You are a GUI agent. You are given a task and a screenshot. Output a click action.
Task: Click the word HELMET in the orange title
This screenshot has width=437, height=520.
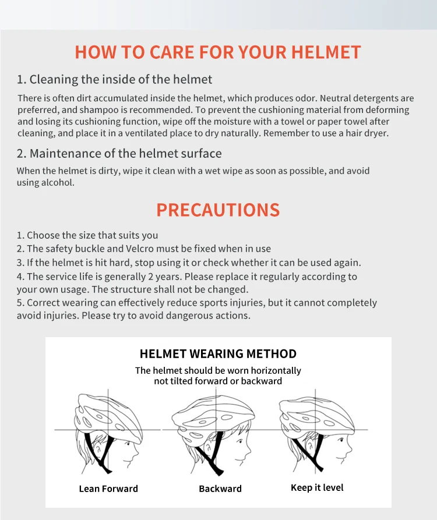(x=326, y=52)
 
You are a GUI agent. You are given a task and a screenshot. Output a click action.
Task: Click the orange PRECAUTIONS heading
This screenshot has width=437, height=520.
(x=218, y=210)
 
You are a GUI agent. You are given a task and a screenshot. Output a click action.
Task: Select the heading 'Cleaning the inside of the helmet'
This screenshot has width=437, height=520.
(x=121, y=80)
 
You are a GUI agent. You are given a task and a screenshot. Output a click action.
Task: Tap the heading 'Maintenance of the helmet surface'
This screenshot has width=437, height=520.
(x=125, y=154)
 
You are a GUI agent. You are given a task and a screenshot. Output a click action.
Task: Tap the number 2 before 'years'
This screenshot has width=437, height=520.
(x=150, y=277)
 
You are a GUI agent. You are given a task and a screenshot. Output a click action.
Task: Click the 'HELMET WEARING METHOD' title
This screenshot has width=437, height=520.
(x=218, y=354)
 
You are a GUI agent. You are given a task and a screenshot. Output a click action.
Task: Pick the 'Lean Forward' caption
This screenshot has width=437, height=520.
(x=108, y=489)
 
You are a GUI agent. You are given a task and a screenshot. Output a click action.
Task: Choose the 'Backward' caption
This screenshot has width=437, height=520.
(x=220, y=489)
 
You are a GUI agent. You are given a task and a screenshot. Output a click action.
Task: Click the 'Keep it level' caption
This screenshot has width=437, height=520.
(x=317, y=487)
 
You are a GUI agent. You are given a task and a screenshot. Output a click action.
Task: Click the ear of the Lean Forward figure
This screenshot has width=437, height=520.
(x=98, y=448)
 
